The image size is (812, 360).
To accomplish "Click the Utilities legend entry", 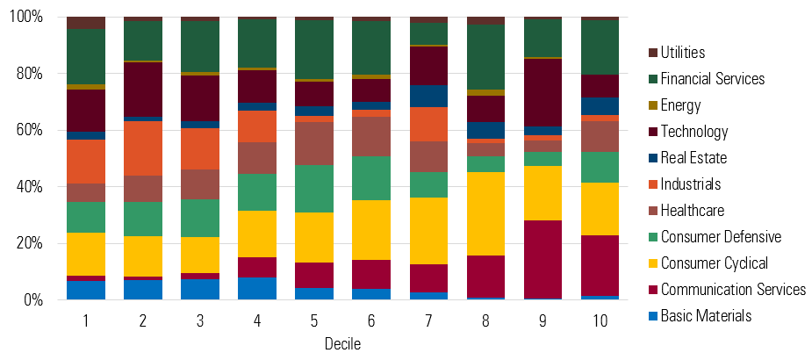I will point(683,53).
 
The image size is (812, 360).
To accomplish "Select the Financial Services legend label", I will point(712,79).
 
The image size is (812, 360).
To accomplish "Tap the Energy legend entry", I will point(680,105).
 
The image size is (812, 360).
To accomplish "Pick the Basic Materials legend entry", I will point(705,316).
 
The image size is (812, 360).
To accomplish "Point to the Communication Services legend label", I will point(733,290).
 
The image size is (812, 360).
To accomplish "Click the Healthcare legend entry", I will point(693,211).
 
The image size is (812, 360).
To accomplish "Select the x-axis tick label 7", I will point(428,321).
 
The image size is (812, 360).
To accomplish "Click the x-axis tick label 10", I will point(600,321).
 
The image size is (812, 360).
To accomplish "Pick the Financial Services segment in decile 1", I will point(86,57).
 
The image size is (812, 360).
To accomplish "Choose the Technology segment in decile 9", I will point(543,92).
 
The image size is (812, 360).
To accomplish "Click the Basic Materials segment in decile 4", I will point(257,288).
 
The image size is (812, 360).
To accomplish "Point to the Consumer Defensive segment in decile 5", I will point(314,189).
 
